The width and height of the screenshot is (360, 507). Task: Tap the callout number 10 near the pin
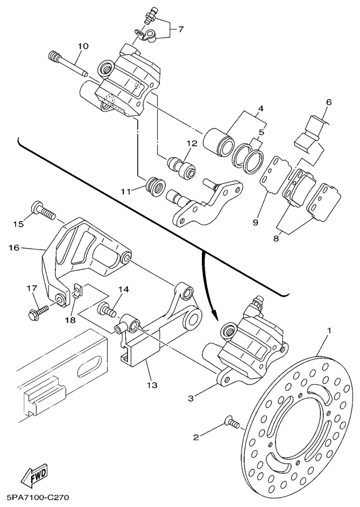[82, 46]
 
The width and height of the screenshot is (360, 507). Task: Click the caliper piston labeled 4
[218, 139]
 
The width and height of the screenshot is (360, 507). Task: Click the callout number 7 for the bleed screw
[181, 30]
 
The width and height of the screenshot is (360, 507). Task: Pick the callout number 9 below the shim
[256, 221]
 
